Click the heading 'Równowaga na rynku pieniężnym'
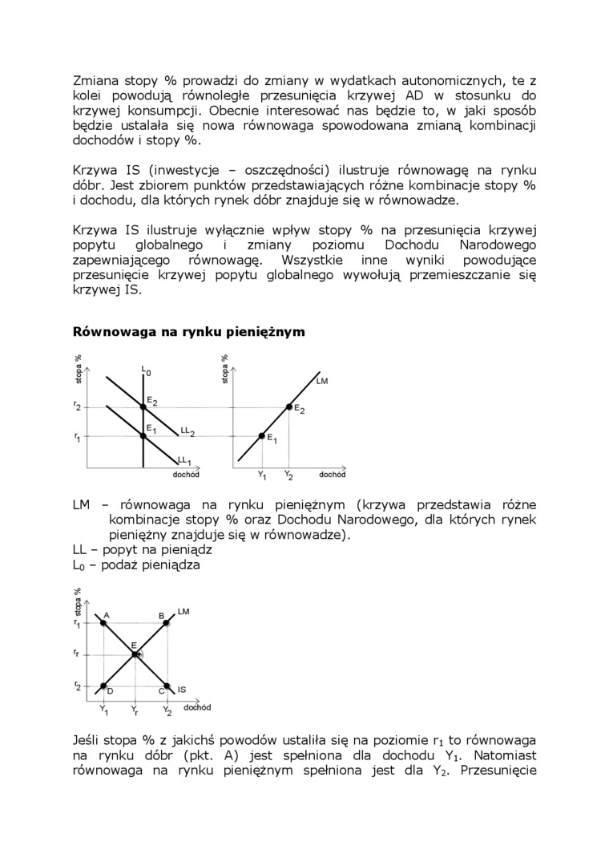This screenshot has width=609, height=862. (188, 331)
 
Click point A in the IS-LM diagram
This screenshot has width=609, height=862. (103, 622)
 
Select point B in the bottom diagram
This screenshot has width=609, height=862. (166, 622)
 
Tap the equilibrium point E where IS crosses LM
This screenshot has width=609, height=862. (135, 654)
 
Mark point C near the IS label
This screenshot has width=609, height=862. (166, 686)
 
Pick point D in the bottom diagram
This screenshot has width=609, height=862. (103, 686)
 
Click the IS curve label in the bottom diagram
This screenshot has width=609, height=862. (182, 690)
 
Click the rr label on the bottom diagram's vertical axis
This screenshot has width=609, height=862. (77, 654)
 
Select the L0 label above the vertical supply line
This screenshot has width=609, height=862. (147, 371)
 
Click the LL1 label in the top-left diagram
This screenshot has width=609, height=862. (184, 460)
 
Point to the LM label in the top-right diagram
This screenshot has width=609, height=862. (322, 382)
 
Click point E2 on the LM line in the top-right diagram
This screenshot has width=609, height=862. (289, 407)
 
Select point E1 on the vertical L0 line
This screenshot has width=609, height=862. (143, 435)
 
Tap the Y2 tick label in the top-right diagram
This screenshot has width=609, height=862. (288, 476)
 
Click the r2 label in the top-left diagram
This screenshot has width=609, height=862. (78, 407)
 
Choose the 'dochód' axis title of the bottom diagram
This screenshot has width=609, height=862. (197, 708)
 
